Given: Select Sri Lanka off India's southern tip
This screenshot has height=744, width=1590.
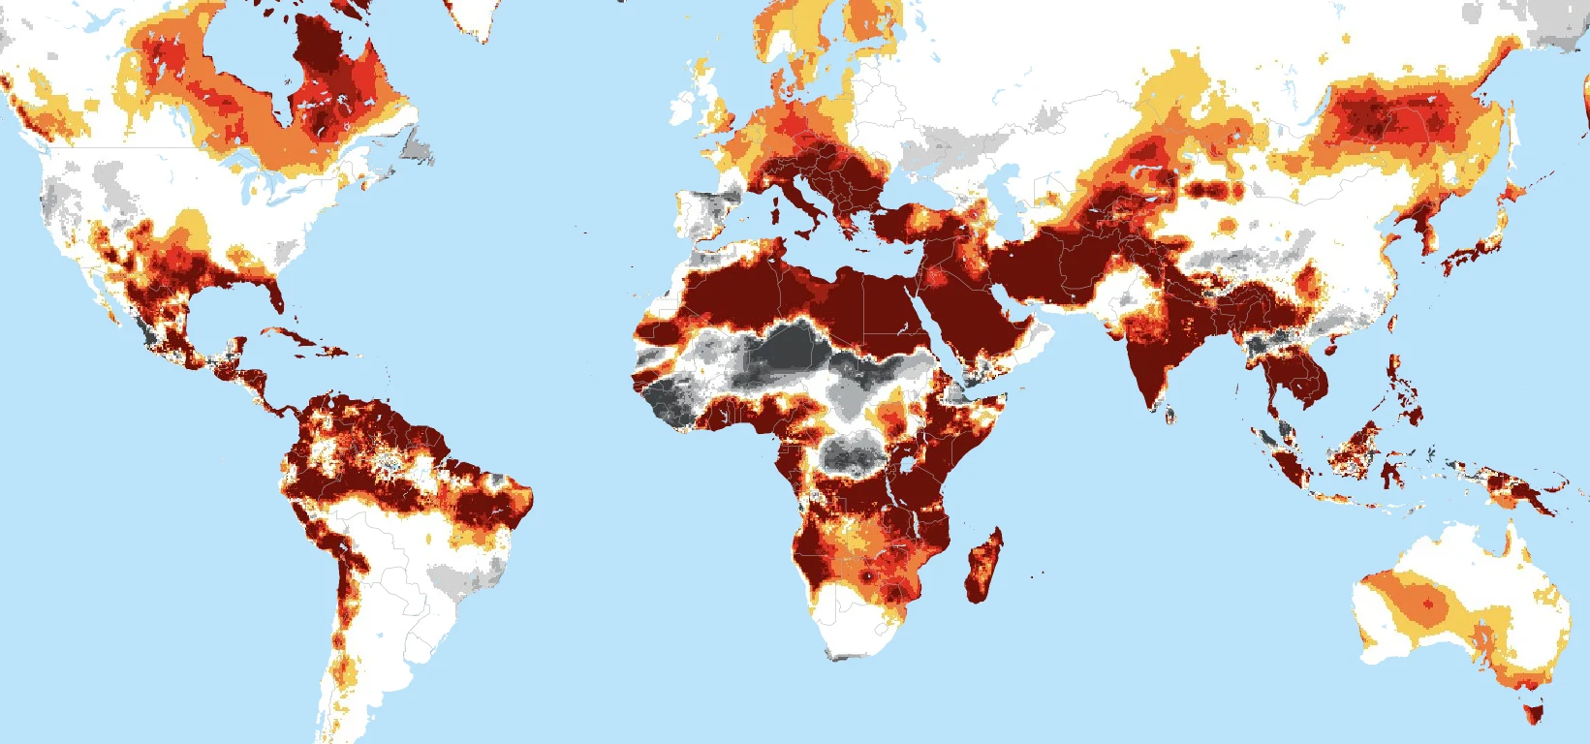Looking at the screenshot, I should pyautogui.click(x=1169, y=415).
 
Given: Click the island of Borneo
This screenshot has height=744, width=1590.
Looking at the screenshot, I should pyautogui.click(x=1356, y=446).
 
